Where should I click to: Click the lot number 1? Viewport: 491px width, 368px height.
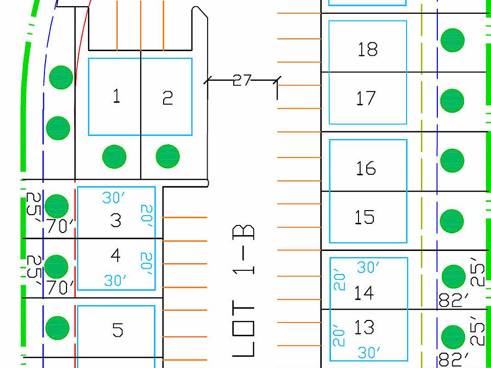pyautogui.click(x=117, y=96)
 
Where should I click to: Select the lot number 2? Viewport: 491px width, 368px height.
pyautogui.click(x=168, y=98)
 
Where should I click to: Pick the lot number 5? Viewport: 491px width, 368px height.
pyautogui.click(x=118, y=330)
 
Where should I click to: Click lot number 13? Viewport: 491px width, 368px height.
pyautogui.click(x=364, y=327)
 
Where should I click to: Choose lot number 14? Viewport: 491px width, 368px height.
pyautogui.click(x=364, y=293)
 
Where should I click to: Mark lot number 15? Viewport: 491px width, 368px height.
pyautogui.click(x=365, y=217)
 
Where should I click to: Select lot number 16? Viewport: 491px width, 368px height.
pyautogui.click(x=365, y=168)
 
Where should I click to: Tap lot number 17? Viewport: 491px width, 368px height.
pyautogui.click(x=366, y=98)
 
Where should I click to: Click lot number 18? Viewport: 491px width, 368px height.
pyautogui.click(x=367, y=50)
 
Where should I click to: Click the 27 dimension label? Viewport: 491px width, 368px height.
pyautogui.click(x=242, y=80)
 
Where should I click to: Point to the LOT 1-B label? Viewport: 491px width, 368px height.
pyautogui.click(x=243, y=291)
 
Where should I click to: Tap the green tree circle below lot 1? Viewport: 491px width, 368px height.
pyautogui.click(x=114, y=156)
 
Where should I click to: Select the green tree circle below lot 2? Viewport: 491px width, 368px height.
pyautogui.click(x=168, y=156)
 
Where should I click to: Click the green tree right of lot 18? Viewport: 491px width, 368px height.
pyautogui.click(x=453, y=40)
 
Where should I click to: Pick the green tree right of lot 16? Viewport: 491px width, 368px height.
pyautogui.click(x=452, y=160)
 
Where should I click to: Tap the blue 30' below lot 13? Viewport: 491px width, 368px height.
pyautogui.click(x=369, y=353)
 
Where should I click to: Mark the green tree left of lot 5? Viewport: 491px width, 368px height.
pyautogui.click(x=57, y=328)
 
